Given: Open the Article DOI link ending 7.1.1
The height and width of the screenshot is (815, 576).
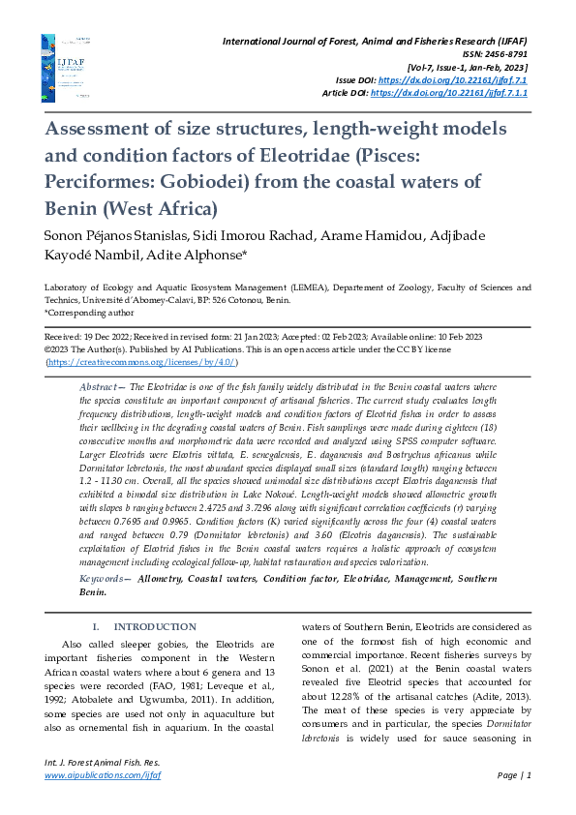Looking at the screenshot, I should point(449,93).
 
